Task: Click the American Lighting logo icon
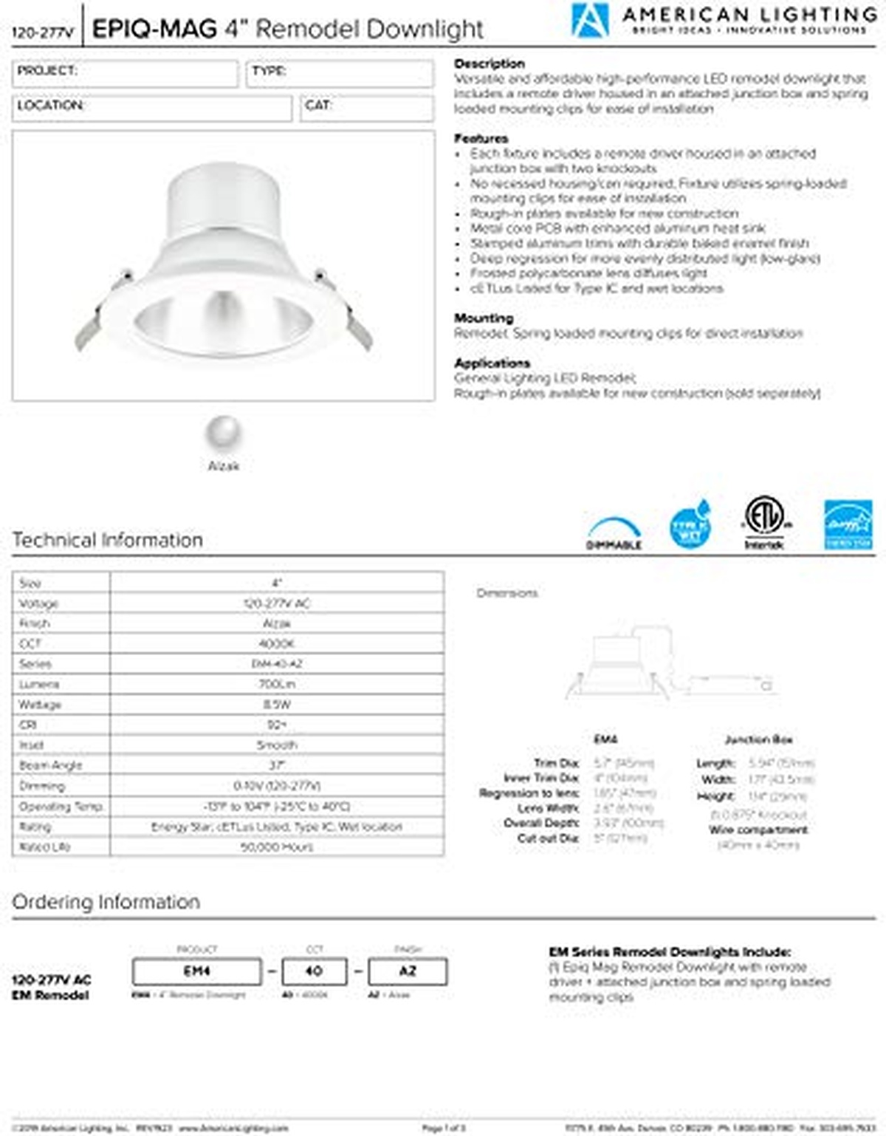pos(590,20)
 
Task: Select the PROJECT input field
pos(125,73)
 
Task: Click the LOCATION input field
pos(151,108)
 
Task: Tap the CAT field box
pos(366,108)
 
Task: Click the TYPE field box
pos(339,73)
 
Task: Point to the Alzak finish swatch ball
pos(223,431)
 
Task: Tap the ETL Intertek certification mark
pos(764,521)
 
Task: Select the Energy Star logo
pos(848,525)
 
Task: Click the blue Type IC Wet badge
pos(690,525)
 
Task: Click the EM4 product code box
pos(196,971)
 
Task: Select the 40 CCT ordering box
pos(314,971)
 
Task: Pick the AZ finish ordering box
pos(408,971)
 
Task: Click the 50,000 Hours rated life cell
pos(277,846)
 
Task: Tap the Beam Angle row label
pos(51,765)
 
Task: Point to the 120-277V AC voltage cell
pos(277,603)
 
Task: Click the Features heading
pos(481,138)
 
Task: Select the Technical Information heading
pos(108,540)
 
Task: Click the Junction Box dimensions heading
pos(758,739)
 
